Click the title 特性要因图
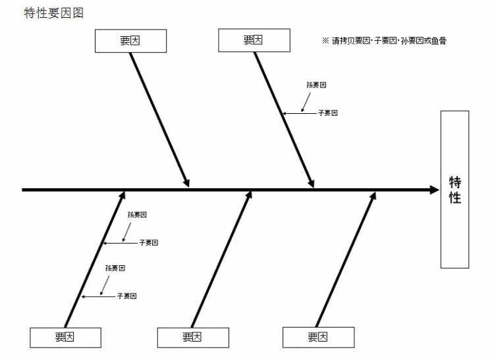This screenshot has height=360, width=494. pos(53,13)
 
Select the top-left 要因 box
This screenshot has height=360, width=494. pos(130,41)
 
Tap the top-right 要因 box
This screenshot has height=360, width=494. pos(254,40)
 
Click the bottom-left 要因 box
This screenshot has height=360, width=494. pos(65,337)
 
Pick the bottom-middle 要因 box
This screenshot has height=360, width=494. pos(192,337)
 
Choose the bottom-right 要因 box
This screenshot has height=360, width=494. pos(318,337)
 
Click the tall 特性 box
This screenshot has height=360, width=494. pos(454,190)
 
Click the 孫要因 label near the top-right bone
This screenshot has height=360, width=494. pos(316,85)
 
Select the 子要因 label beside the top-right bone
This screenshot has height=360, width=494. pos(327,113)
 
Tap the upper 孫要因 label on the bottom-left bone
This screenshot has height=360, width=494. pos(137,215)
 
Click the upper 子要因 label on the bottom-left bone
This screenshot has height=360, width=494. pos(148,243)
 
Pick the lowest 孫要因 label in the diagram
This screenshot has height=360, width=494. pos(115,268)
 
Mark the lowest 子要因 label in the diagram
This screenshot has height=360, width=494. pos(126,296)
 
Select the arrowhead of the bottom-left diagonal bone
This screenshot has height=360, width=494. pos(123,196)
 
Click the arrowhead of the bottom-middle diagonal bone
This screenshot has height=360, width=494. pos(249,196)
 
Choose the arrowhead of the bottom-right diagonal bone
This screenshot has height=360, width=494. pos(373,196)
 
